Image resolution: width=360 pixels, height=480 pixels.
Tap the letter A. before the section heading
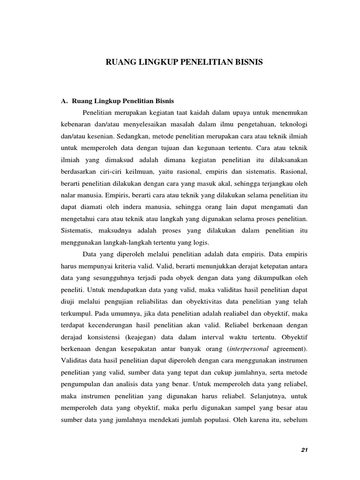[65, 100]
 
